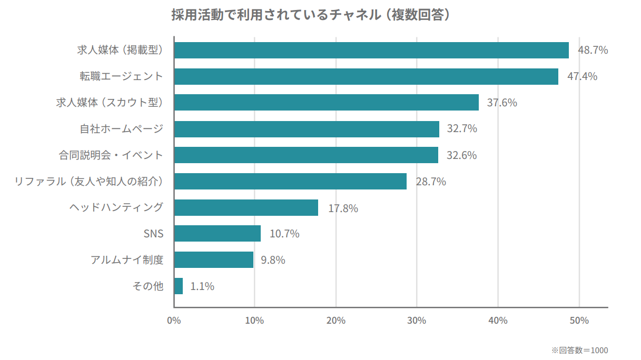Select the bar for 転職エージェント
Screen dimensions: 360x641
366,76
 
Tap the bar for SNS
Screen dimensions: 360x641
217,234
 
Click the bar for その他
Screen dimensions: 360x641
179,286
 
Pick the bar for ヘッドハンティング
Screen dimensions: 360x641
246,207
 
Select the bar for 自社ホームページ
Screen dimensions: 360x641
307,129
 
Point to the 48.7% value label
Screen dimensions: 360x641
593,51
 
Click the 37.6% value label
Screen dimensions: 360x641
501,103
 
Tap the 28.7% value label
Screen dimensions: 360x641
430,182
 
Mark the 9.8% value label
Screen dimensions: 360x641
273,260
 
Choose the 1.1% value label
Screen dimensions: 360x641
202,286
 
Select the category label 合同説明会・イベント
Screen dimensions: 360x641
111,155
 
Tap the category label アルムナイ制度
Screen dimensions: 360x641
127,260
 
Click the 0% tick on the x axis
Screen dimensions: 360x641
174,321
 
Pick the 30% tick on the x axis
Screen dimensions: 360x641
417,321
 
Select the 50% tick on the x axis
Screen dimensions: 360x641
579,321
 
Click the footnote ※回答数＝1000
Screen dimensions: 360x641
579,350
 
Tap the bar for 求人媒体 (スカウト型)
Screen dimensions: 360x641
326,103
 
